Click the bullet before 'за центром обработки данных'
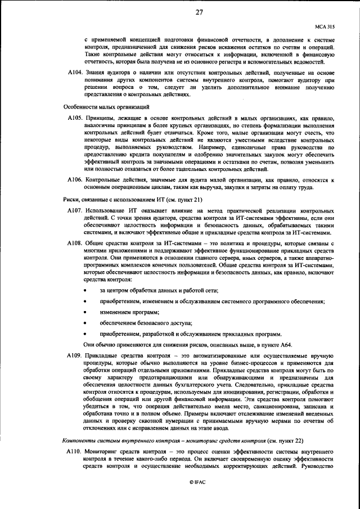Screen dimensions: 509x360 click(x=85, y=290)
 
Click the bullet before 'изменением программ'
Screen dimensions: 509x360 click(x=85, y=312)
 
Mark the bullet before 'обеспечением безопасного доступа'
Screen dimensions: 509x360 click(x=85, y=323)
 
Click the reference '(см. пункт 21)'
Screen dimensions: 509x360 click(x=182, y=200)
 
